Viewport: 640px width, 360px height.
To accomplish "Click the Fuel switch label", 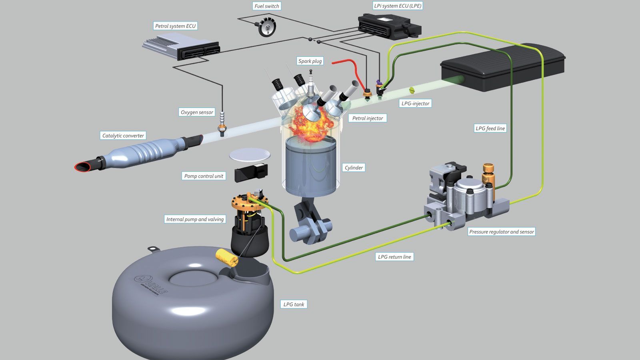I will coord(267,6).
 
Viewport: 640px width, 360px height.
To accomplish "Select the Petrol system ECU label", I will coord(175,26).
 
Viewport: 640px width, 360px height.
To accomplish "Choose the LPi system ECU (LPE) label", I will coord(398,6).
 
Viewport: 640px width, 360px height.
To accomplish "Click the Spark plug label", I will coord(310,61).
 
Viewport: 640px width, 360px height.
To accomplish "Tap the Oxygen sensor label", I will coord(197,112).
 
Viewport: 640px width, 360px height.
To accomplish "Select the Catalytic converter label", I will coord(123,136).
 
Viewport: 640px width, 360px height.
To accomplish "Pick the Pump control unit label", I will coord(204,176).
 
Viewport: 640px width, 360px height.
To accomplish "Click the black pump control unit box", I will coord(251,172).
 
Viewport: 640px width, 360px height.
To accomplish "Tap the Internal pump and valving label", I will coord(195,219).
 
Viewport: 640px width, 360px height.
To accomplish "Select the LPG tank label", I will coord(294,304).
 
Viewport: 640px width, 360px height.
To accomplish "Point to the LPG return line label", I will coord(394,257).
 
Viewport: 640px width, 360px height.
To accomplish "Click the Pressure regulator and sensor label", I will coord(502,232).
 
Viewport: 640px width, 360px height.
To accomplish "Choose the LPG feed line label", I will coord(490,128).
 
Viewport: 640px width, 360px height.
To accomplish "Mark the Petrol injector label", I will coord(368,118).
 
